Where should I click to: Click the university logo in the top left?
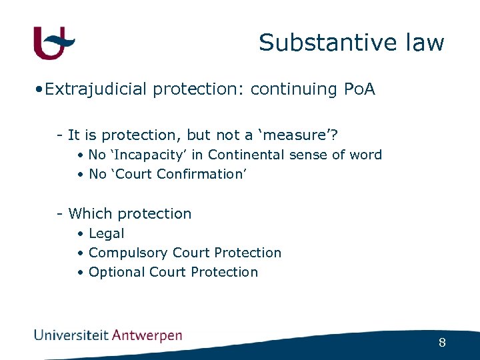pos(54,43)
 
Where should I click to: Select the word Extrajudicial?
pos(96,89)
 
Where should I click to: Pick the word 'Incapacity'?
pos(143,155)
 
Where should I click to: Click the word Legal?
pos(107,233)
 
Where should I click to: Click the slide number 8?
pos(442,343)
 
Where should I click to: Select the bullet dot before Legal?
pos(80,234)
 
